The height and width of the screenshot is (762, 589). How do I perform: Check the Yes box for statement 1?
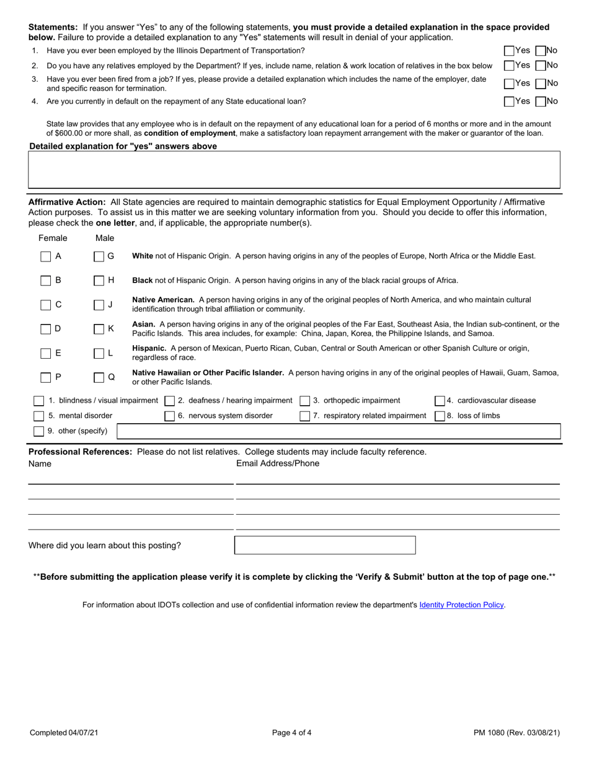pos(509,51)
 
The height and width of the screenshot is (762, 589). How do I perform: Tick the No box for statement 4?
pos(540,102)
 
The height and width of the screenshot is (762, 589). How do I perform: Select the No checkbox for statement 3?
pos(540,84)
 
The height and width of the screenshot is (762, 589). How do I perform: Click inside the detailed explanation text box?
pos(294,169)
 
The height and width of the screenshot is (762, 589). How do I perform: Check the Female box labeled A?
pos(46,256)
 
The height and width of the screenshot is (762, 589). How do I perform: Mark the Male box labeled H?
pos(99,281)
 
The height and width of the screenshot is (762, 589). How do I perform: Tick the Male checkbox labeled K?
pos(99,329)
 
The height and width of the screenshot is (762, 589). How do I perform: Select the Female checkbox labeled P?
pos(46,377)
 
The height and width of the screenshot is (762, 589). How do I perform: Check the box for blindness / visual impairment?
pos(39,401)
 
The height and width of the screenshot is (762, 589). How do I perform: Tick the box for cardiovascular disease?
pos(440,401)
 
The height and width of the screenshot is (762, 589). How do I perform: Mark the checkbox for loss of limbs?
pos(440,416)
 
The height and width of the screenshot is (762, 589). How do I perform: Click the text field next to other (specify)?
pos(339,431)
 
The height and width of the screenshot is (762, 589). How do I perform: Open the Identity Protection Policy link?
pos(461,605)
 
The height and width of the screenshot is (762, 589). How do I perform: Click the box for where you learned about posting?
pos(325,545)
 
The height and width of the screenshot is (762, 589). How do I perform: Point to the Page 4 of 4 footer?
pos(291,733)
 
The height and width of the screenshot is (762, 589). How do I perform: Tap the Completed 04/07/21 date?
pos(64,733)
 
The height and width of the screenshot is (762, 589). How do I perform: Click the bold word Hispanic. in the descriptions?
pos(149,348)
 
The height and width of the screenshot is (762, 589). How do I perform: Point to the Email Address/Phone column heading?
pos(278,463)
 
